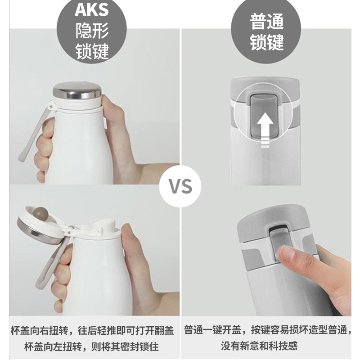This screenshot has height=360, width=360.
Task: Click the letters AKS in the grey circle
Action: point(92,9)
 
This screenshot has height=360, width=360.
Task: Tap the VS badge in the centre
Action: point(180,186)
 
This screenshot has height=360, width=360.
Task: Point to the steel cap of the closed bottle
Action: point(77,90)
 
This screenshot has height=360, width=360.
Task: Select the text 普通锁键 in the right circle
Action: point(266,32)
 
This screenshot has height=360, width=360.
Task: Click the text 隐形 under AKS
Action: point(92,31)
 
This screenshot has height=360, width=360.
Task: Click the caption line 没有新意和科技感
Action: point(259,346)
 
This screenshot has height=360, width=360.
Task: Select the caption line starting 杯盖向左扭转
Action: point(91,346)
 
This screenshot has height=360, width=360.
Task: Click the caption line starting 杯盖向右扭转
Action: point(92,331)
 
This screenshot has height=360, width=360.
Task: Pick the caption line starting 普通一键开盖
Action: point(267,330)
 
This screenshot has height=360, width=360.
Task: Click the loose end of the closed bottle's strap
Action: point(21,158)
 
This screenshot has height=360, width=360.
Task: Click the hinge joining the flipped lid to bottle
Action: point(70,229)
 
